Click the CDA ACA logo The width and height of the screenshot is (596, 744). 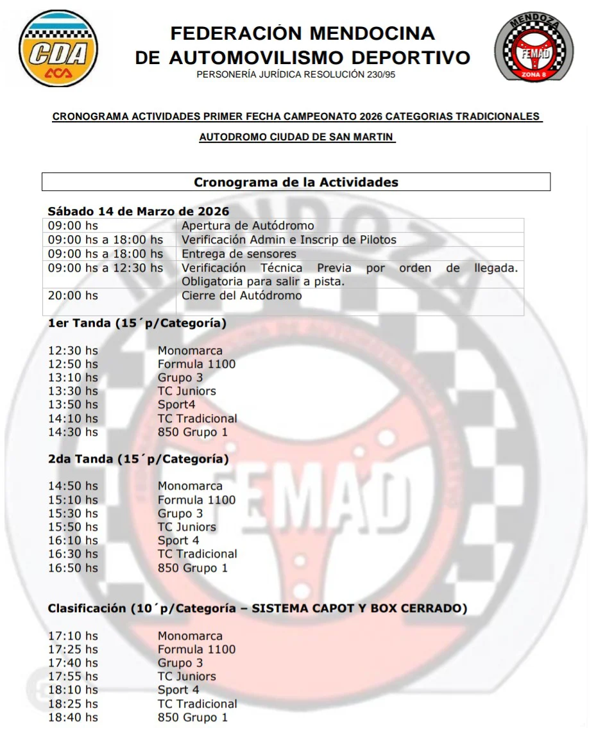[58, 49]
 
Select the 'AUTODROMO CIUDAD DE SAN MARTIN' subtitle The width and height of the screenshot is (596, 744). [297, 137]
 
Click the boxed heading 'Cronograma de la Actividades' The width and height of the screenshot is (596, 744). [296, 183]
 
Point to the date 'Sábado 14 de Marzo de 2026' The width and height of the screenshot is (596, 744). [139, 211]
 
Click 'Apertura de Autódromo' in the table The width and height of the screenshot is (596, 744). [248, 226]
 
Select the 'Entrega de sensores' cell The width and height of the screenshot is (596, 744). [239, 254]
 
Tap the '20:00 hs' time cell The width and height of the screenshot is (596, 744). [73, 295]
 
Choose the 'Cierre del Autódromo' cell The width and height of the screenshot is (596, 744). [241, 295]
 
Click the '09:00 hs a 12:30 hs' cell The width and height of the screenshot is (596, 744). [106, 268]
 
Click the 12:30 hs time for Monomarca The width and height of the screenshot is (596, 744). [73, 351]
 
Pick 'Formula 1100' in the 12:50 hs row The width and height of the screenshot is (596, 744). [196, 364]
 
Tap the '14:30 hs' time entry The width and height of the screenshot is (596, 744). [73, 432]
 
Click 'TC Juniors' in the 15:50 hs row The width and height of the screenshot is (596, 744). [187, 527]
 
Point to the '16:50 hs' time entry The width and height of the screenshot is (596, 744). [73, 568]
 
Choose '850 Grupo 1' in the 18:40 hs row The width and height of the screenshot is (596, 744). [192, 717]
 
